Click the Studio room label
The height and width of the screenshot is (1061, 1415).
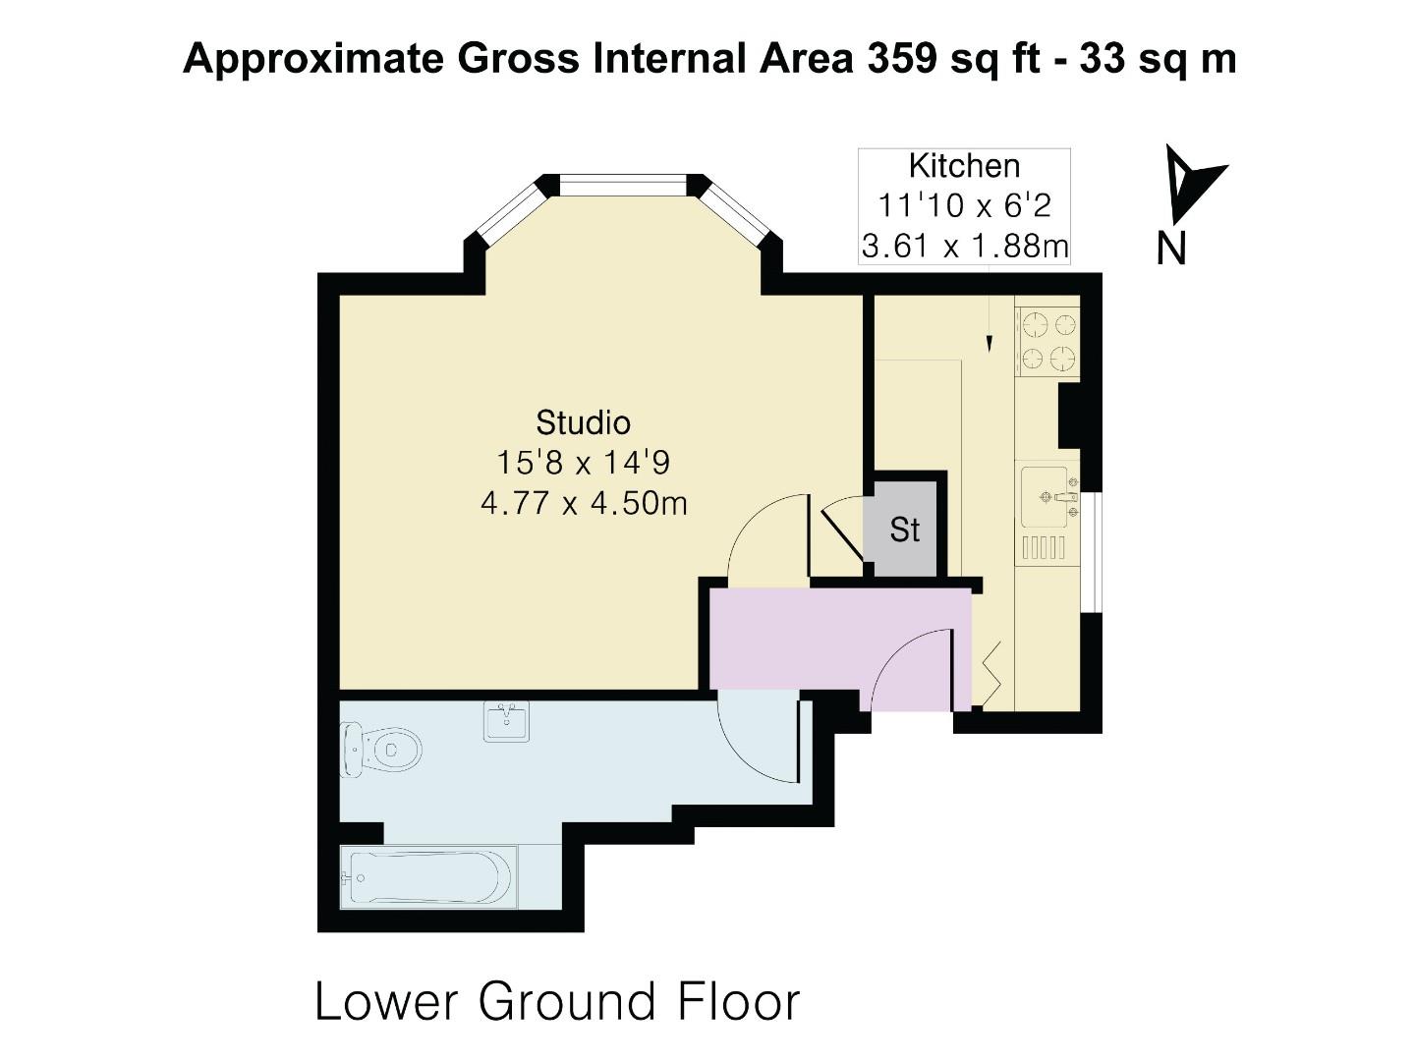tap(583, 423)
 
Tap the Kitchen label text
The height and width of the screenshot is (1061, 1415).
tap(964, 166)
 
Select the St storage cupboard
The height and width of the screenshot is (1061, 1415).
tap(904, 529)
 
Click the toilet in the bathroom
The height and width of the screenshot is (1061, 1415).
tap(380, 749)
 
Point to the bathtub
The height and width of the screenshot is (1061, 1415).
tap(428, 877)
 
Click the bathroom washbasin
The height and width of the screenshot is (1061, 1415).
tap(506, 721)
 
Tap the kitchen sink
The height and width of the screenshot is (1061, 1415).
tap(1044, 497)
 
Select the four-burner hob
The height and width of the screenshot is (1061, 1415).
tap(1048, 342)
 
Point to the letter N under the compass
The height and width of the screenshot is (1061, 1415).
tap(1171, 249)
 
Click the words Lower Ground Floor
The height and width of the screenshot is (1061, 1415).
tap(557, 1002)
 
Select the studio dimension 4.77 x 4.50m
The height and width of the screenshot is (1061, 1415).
tap(584, 503)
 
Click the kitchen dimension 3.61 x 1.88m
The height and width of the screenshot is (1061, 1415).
tap(965, 246)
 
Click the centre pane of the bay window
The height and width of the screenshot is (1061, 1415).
tap(623, 186)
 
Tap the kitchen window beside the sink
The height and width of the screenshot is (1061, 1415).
tap(1092, 552)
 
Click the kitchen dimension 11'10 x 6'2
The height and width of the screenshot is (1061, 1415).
tap(964, 206)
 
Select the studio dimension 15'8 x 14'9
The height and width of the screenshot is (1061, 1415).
tap(584, 463)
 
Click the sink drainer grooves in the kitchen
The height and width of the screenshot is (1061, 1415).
tap(1044, 547)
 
